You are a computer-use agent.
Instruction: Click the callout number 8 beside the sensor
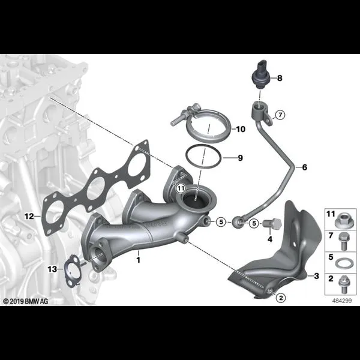[280, 78]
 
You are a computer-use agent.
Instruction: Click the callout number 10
[241, 129]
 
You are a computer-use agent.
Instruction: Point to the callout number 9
[240, 158]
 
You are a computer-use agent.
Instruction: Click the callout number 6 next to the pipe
[304, 167]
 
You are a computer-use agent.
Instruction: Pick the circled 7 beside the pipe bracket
[280, 115]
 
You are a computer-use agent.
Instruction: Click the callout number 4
[270, 239]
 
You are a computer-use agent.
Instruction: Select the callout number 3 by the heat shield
[316, 276]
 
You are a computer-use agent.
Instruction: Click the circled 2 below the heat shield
[281, 298]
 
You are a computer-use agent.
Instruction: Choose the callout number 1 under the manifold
[138, 260]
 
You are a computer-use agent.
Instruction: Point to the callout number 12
[29, 216]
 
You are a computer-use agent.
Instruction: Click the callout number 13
[52, 269]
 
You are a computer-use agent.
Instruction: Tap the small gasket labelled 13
[72, 271]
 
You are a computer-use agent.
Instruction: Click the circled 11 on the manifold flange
[181, 188]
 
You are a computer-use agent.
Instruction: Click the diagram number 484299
[342, 301]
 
